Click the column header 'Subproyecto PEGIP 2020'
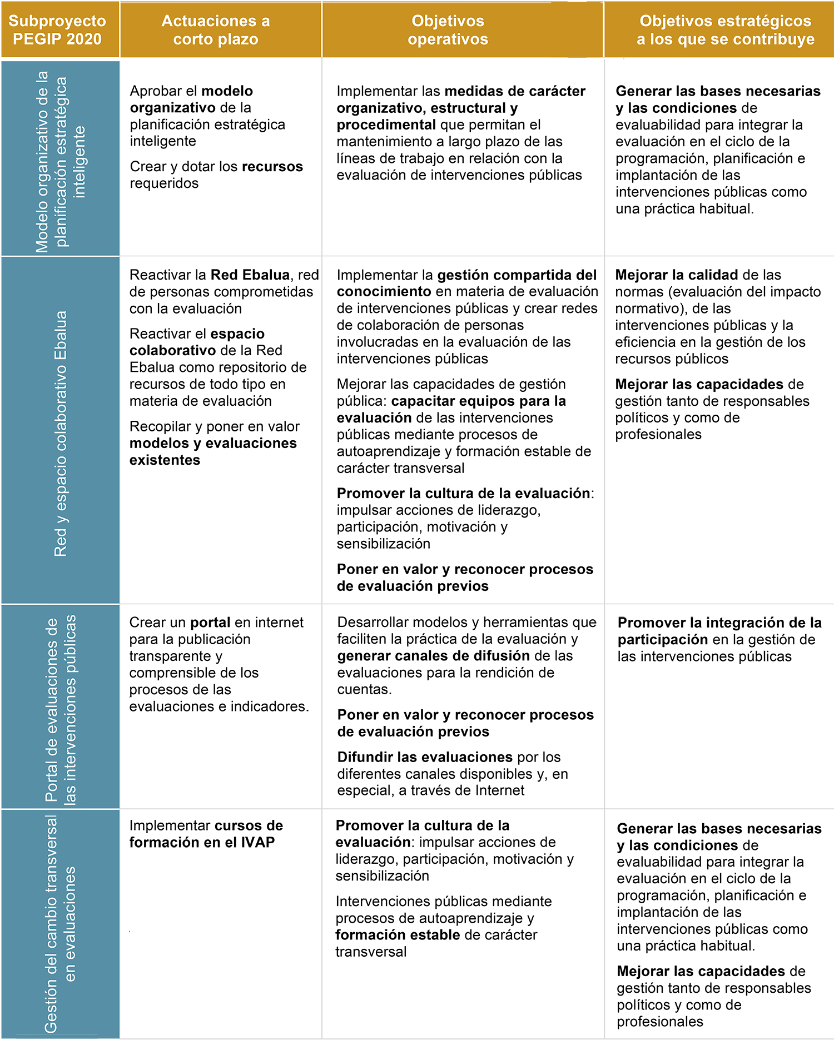click(x=57, y=30)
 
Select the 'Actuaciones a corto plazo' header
click(x=216, y=30)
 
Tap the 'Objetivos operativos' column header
click(x=448, y=30)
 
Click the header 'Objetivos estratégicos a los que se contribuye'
click(x=725, y=30)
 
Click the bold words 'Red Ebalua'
click(x=250, y=275)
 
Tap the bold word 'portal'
click(x=210, y=623)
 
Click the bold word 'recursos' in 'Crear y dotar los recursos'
click(x=272, y=167)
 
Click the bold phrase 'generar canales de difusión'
click(x=434, y=656)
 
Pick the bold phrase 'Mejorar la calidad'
click(x=677, y=275)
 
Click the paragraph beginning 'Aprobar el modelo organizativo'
click(x=207, y=116)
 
